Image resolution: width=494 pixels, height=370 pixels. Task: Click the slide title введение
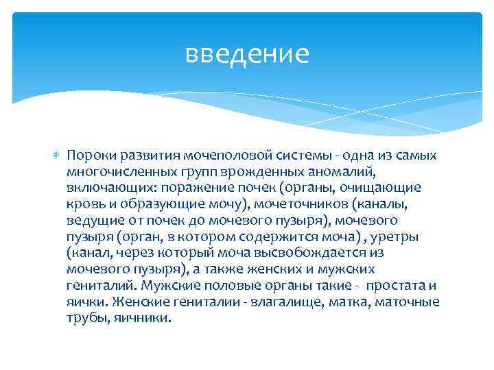[247, 53]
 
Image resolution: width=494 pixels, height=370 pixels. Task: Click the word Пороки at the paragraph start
[90, 156]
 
